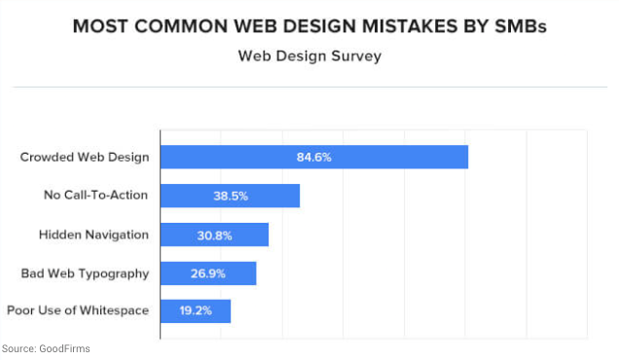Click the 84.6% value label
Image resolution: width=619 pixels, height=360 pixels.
click(314, 157)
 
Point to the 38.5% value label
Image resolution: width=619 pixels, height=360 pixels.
click(231, 196)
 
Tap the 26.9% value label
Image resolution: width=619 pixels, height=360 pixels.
click(207, 273)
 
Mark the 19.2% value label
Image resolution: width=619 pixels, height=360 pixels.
click(194, 311)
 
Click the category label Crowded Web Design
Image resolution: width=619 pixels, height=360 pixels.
click(85, 157)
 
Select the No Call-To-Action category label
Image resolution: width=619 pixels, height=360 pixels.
click(96, 196)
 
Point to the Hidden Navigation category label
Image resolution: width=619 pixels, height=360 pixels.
click(93, 234)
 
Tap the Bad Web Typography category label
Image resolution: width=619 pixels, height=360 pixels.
click(85, 273)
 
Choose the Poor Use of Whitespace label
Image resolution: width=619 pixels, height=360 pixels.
click(78, 311)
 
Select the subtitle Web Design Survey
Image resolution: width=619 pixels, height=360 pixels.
click(309, 55)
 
